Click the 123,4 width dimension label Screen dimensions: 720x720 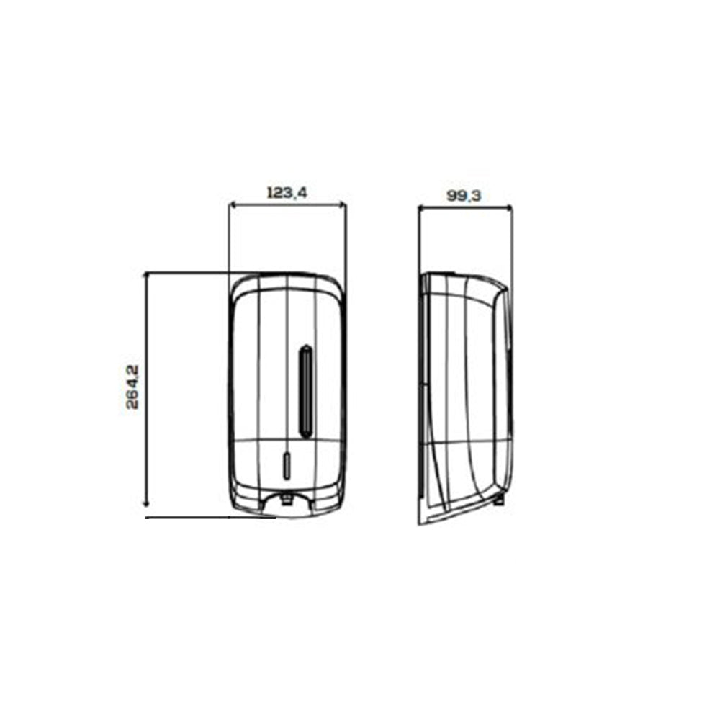[287, 193]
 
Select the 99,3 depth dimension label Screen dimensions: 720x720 [464, 196]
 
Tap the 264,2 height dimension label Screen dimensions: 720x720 [132, 387]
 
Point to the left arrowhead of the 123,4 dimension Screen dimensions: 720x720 [233, 204]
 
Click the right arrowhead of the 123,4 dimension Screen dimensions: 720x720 [342, 204]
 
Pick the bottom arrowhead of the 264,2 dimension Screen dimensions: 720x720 [146, 504]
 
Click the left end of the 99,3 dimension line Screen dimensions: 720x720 [419, 208]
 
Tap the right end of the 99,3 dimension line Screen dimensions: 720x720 [510, 208]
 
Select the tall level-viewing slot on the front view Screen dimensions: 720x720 [305, 391]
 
